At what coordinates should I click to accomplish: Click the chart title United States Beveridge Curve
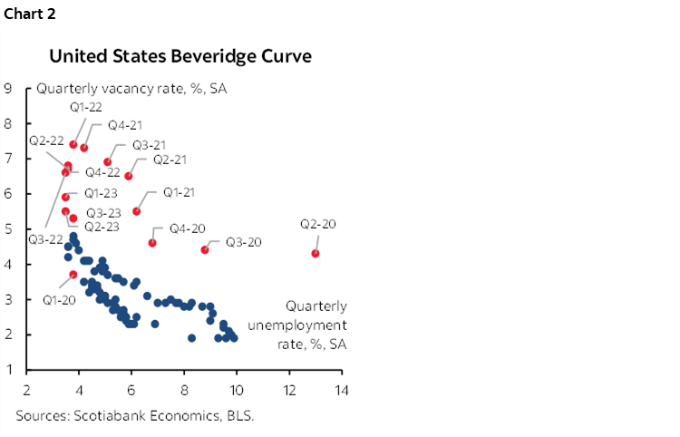(180, 56)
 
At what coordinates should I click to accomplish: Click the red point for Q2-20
(315, 253)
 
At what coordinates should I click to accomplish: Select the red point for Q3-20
(205, 249)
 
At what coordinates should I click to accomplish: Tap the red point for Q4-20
(152, 243)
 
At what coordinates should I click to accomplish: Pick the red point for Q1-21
(137, 211)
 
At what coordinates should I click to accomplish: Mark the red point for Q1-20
(73, 275)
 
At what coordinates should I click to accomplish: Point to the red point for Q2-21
(128, 176)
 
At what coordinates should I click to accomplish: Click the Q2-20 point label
(319, 224)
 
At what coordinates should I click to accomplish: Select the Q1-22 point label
(86, 107)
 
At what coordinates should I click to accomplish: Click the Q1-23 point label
(102, 193)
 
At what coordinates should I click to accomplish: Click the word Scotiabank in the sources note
(100, 417)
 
